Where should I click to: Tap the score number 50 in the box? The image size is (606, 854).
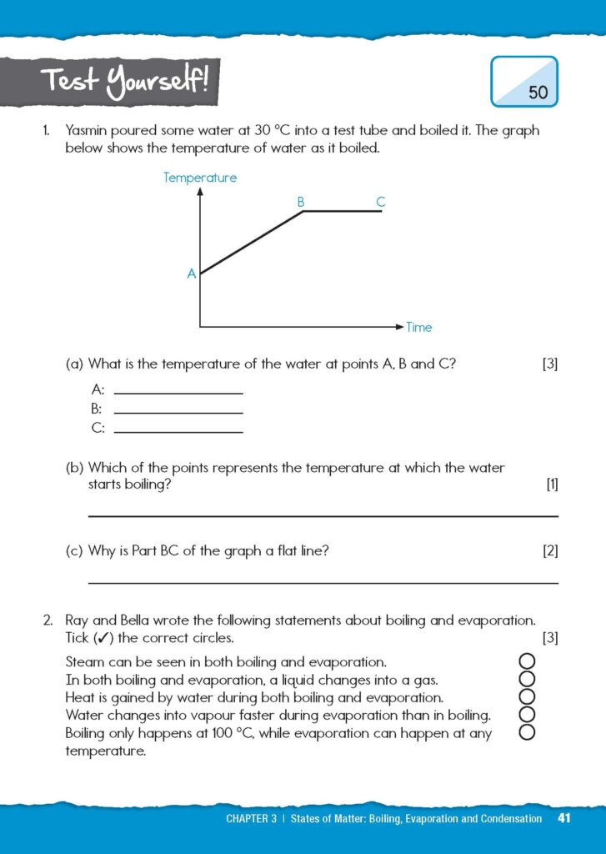coord(538,93)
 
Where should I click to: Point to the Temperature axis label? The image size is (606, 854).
coord(200,178)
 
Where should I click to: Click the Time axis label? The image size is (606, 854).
coord(419,328)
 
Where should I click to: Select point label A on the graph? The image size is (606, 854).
coord(191,274)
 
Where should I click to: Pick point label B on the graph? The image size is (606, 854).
coord(301,202)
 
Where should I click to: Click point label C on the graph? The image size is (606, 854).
coord(380,202)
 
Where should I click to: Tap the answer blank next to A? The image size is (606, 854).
coord(178,392)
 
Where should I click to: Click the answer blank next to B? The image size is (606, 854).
coord(178,411)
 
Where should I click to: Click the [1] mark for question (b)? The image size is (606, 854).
coord(551,485)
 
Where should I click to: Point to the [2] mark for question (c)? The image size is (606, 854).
coord(550,550)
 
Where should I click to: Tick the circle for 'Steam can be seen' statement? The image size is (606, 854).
coord(526,661)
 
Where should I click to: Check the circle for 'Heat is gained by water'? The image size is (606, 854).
coord(526,697)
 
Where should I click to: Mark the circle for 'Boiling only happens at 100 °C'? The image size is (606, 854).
coord(526,733)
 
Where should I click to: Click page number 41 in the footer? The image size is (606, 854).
coord(564,818)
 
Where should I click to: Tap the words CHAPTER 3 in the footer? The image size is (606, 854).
coord(251,819)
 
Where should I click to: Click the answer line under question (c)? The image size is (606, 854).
coord(323,583)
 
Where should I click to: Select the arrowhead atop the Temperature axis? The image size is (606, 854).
coord(200,191)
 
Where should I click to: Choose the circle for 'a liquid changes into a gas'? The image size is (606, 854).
coord(526,680)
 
